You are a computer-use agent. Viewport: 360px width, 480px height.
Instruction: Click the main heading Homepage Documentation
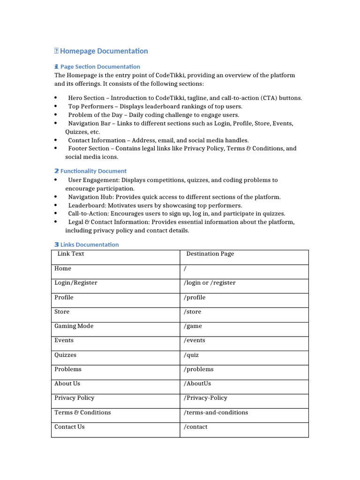[104, 51]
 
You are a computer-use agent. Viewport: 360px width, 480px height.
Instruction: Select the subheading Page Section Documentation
[100, 67]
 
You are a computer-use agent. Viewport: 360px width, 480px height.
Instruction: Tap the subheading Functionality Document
[93, 171]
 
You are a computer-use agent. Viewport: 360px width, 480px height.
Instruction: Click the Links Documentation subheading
[90, 245]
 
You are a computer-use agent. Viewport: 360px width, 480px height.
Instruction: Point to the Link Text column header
[71, 254]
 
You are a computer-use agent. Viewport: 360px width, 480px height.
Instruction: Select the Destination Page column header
[210, 254]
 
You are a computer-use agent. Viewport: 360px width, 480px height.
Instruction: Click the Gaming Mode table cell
[74, 326]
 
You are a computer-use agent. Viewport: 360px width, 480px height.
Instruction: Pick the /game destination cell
[193, 326]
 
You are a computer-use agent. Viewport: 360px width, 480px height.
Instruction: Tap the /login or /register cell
[210, 283]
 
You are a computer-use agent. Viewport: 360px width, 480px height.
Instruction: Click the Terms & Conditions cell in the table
[82, 412]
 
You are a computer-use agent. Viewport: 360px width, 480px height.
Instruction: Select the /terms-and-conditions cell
[216, 412]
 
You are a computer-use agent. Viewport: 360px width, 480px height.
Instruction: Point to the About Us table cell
[67, 383]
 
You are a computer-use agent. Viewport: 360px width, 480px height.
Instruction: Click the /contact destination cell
[195, 427]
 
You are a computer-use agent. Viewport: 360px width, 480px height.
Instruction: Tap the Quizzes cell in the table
[65, 355]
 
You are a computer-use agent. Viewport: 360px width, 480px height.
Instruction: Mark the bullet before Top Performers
[56, 106]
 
